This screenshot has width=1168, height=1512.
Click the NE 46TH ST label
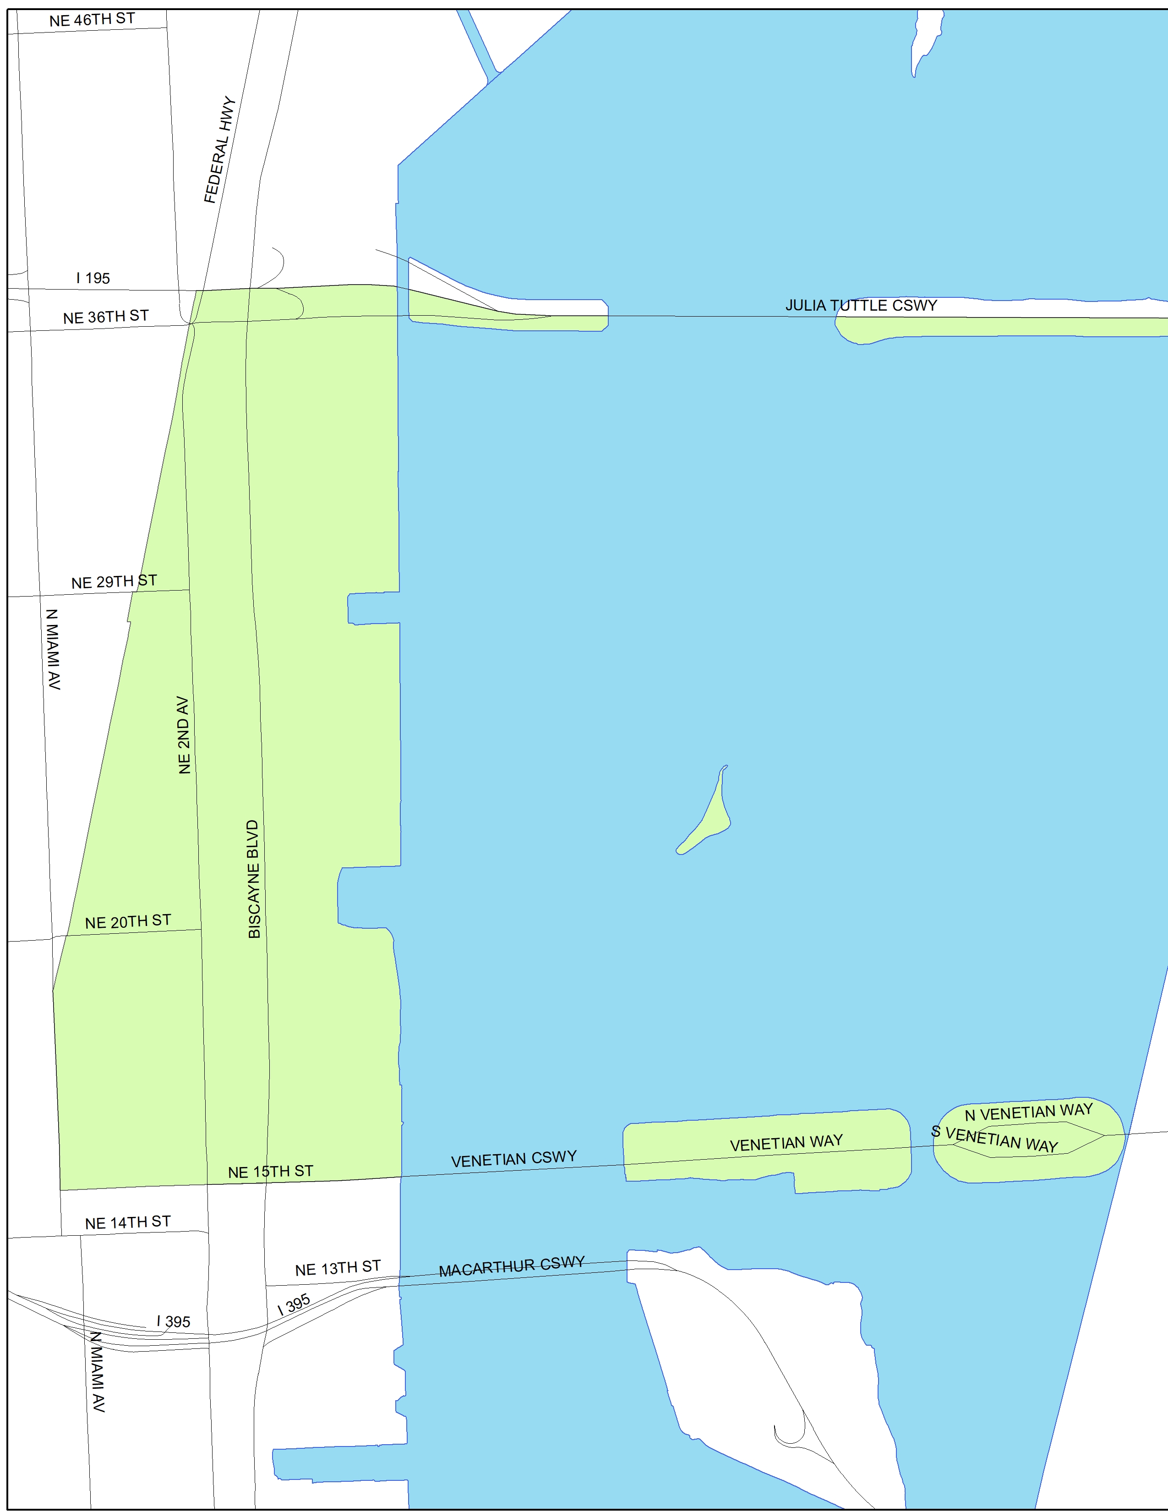click(x=92, y=19)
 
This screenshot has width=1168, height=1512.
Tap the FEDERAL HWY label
click(x=220, y=149)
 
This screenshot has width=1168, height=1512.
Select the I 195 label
click(x=93, y=278)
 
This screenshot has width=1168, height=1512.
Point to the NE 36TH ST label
click(x=106, y=317)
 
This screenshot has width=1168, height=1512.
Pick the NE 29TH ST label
click(x=114, y=581)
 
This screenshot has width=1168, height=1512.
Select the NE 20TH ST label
click(x=128, y=921)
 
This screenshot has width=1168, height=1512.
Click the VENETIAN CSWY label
click(x=513, y=1158)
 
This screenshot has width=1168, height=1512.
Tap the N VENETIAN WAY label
click(x=1028, y=1112)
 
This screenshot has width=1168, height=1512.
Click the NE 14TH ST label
click(x=128, y=1222)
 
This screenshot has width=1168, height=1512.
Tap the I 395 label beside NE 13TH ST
click(x=294, y=1305)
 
